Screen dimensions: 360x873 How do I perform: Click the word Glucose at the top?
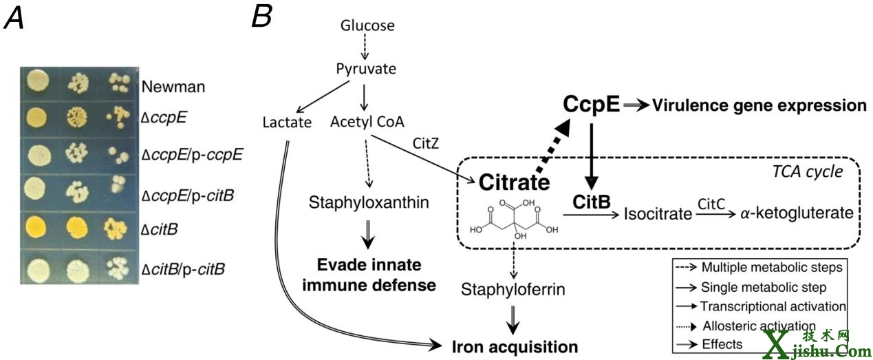coord(367,26)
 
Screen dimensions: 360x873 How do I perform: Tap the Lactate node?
coord(287,123)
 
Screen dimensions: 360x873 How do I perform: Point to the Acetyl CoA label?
coord(367,123)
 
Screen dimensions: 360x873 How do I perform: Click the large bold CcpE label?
coord(592,105)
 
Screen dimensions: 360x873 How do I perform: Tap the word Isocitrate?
coord(658,213)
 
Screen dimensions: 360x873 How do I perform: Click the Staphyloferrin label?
coord(514,290)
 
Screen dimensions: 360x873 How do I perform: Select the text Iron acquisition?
coord(514,345)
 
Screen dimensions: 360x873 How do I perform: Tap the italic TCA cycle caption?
coord(809,171)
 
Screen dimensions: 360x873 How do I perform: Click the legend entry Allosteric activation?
coord(759,326)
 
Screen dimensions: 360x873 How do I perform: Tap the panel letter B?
coord(261,17)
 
